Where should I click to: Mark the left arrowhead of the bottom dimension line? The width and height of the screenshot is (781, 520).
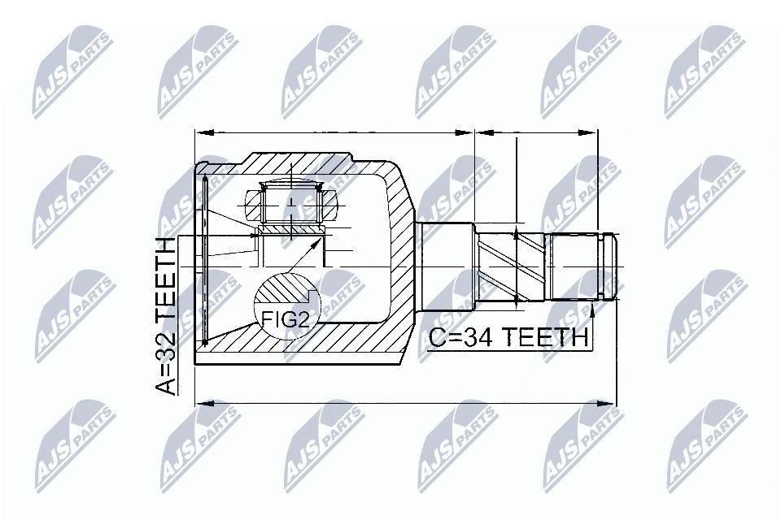[201, 402]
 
